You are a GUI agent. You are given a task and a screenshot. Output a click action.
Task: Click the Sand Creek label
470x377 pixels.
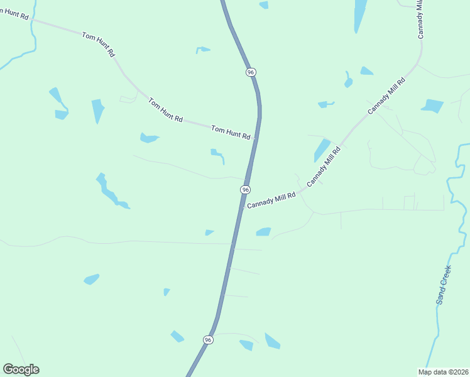point(444,285)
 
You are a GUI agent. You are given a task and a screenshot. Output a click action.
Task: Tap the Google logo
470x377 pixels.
point(21,369)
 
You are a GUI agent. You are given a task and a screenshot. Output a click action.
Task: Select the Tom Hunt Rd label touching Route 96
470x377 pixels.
point(231,133)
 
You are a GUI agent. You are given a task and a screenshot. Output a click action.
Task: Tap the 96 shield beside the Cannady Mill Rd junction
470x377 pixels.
point(245,190)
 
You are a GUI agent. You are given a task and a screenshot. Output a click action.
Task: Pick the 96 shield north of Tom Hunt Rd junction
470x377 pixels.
point(251,72)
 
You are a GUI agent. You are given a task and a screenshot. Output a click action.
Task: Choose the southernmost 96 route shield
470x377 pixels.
point(208,339)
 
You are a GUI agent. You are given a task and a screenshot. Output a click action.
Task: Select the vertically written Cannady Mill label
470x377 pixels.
point(420,19)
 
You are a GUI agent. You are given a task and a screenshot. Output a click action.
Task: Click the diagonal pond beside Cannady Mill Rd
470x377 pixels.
point(322,150)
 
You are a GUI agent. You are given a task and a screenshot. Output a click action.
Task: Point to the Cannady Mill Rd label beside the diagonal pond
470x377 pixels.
point(324,167)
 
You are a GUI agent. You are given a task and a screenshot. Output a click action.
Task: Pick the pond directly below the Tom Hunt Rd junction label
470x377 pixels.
point(217,155)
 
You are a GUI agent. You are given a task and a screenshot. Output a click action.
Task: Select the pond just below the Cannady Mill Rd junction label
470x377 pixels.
point(264,232)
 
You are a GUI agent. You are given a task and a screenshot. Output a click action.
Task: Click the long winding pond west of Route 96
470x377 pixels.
point(109,192)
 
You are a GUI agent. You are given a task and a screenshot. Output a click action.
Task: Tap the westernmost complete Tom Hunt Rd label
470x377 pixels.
point(98,45)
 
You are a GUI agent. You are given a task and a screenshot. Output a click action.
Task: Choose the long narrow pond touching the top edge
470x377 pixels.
point(361,15)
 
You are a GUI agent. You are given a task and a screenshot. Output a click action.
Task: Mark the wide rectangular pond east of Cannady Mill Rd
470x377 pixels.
point(433,106)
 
